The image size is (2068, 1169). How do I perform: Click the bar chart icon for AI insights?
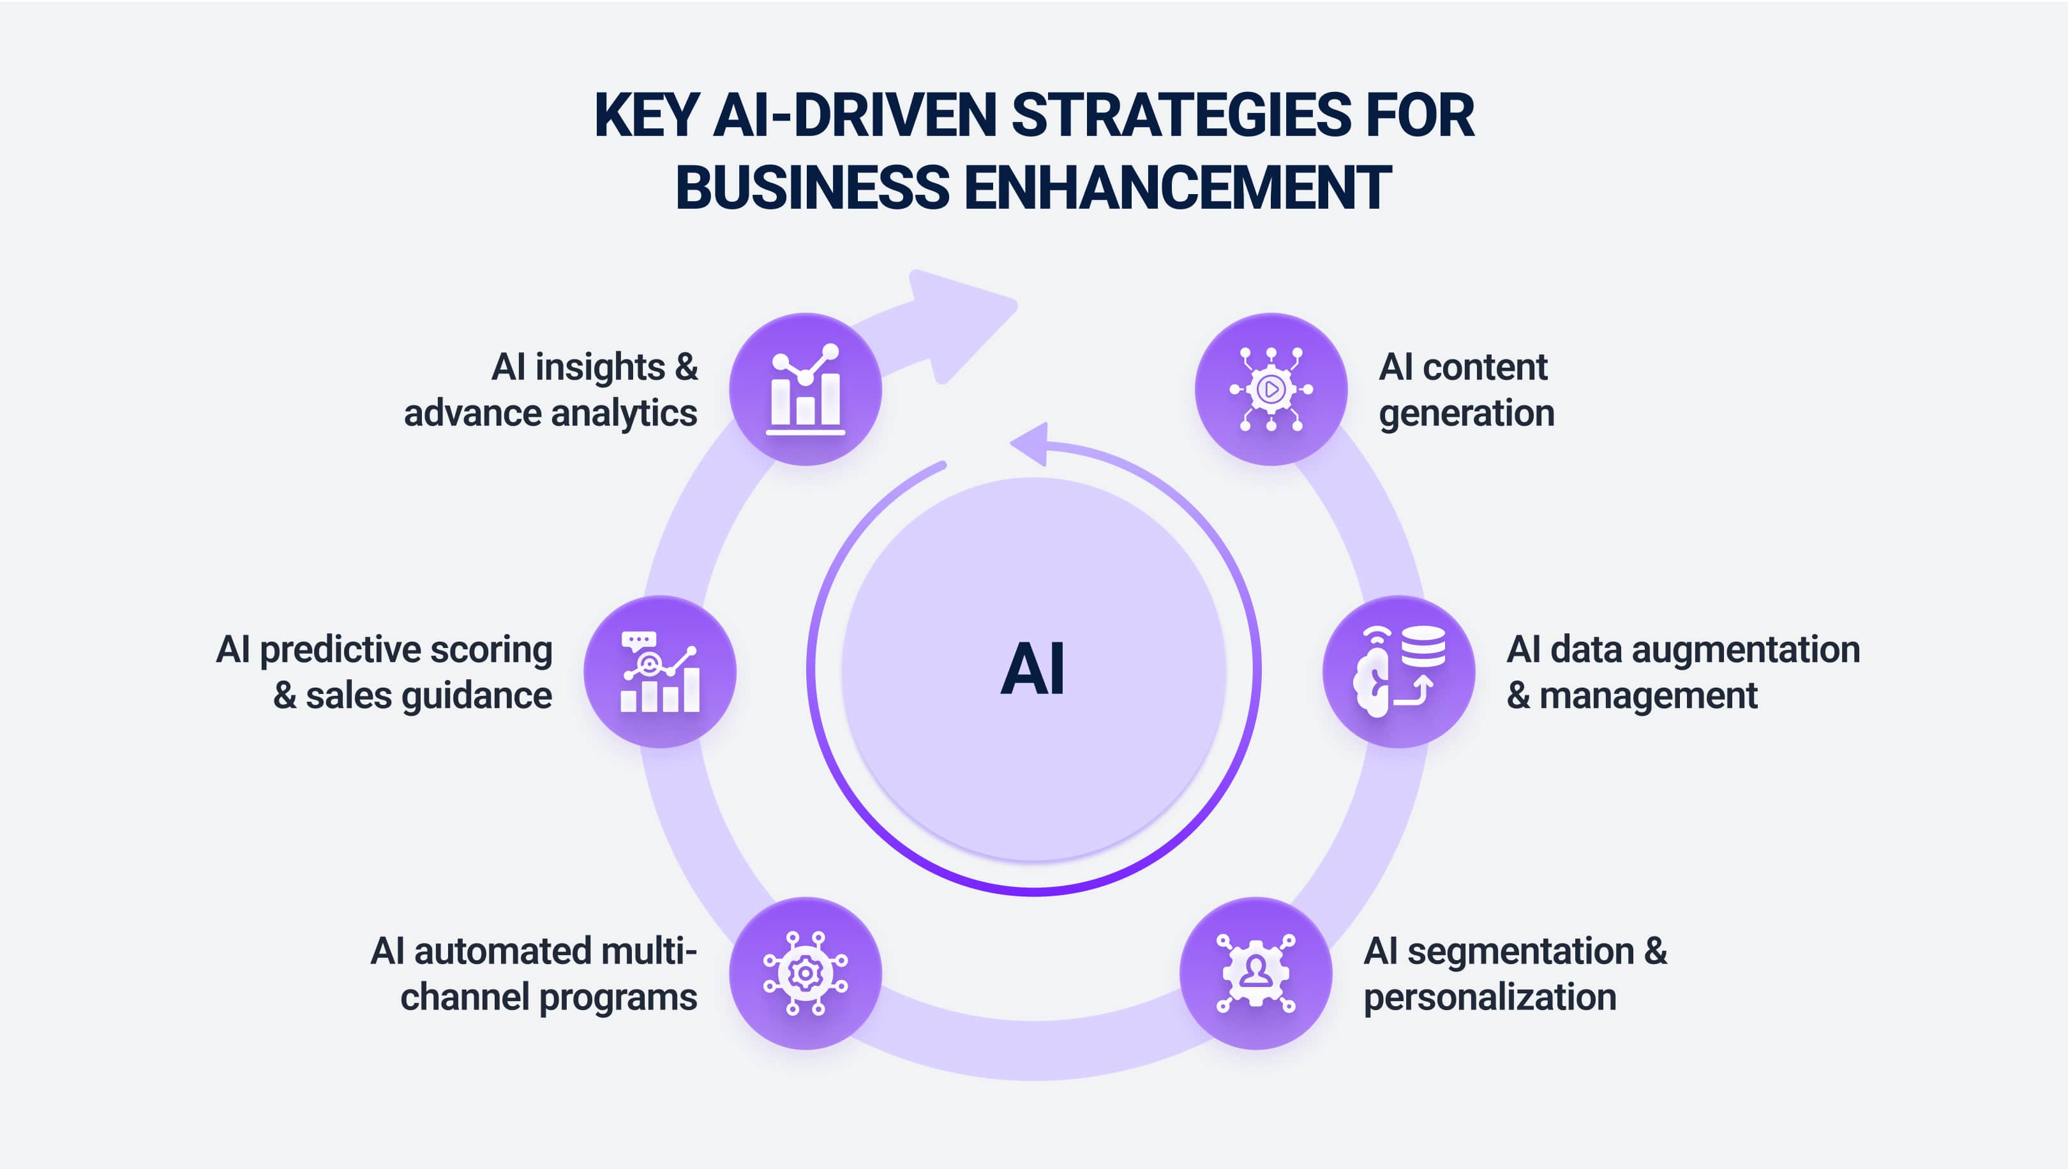click(805, 389)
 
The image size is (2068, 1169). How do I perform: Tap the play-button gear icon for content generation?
click(1271, 389)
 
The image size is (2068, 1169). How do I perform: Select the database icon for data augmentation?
click(1398, 671)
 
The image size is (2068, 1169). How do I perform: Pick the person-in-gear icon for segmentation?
click(1255, 972)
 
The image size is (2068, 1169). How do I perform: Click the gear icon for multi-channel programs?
click(805, 973)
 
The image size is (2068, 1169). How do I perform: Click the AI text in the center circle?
click(1033, 669)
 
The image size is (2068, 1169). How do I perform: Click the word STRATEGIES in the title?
click(1181, 115)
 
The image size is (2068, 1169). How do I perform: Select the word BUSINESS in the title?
click(813, 187)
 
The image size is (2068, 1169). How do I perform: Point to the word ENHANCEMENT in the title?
click(1177, 187)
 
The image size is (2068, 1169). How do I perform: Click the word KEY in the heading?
click(646, 115)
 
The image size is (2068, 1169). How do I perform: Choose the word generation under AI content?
click(1467, 414)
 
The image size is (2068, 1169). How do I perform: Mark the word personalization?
click(1490, 997)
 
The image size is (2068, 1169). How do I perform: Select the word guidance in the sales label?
click(476, 696)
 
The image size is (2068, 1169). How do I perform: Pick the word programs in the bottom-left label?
click(617, 998)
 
